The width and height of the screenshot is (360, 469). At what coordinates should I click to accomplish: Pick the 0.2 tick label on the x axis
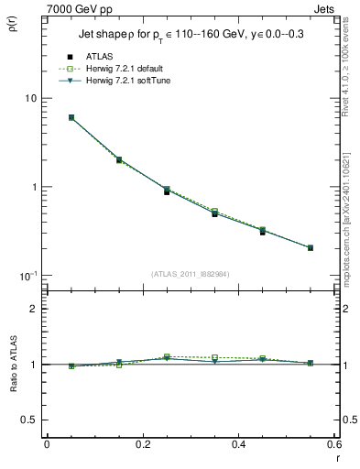pos(143,444)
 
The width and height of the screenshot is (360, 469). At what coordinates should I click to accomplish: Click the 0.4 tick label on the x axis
pos(238,444)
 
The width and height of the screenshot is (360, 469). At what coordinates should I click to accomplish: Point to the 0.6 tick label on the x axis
pos(333,444)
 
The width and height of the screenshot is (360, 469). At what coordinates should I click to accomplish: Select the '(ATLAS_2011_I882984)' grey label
pos(190,273)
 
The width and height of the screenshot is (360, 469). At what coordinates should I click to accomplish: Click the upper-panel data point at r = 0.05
pos(71,117)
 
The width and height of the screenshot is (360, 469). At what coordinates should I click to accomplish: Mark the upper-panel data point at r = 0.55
pos(311,247)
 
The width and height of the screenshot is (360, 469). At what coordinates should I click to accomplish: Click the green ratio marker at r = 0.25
pos(167,356)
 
